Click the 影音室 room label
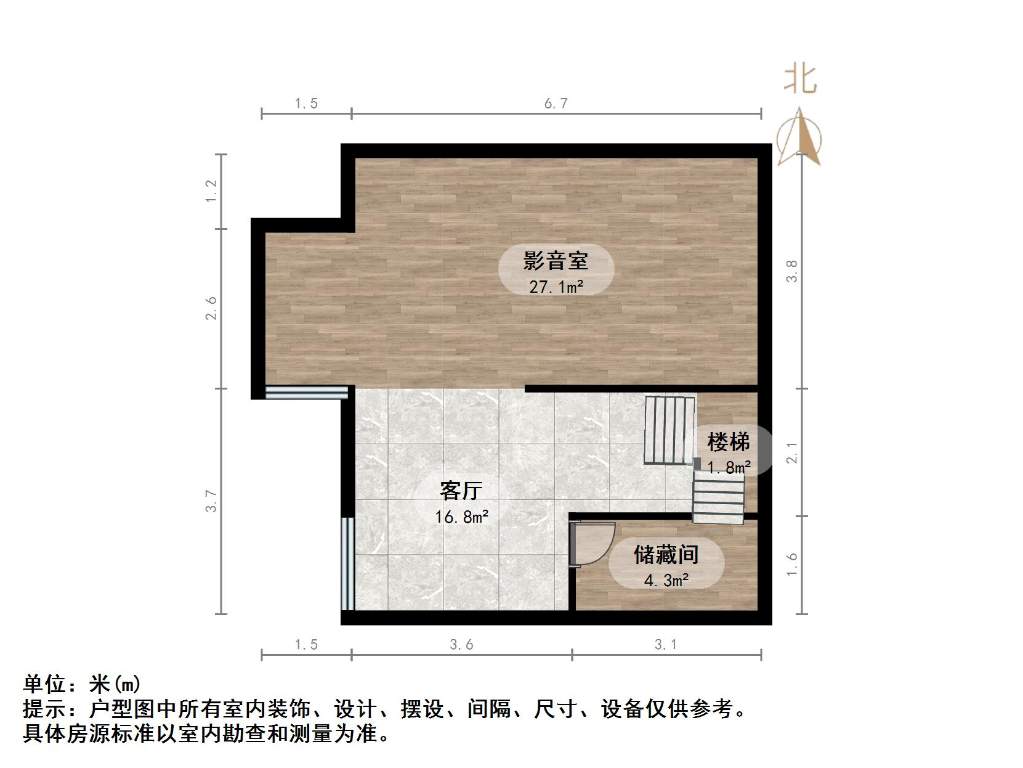556,261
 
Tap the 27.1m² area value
556,287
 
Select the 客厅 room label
461,491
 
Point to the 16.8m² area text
461,517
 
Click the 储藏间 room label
666,555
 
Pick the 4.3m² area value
666,580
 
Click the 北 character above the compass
800,80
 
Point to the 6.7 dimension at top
556,104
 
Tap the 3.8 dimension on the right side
792,271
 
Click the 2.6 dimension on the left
211,308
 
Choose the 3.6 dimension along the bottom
461,645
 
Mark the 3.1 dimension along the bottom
666,645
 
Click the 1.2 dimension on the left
211,191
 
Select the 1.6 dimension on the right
792,565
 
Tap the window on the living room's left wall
347,563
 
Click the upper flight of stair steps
669,430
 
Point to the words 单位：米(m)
83,684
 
